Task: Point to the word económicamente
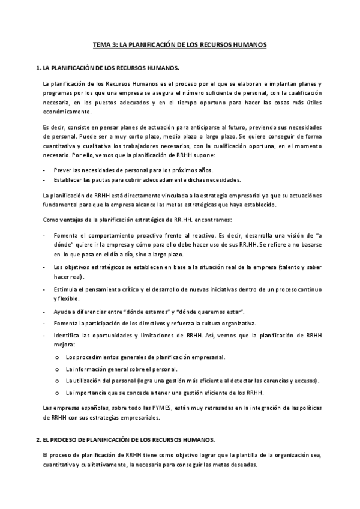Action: [67, 112]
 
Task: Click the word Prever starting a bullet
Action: [63, 170]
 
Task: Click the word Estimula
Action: [66, 289]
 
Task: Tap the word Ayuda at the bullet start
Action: [63, 312]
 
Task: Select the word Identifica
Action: [68, 335]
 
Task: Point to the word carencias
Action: [272, 381]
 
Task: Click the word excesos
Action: [306, 381]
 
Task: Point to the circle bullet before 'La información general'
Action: [56, 369]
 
